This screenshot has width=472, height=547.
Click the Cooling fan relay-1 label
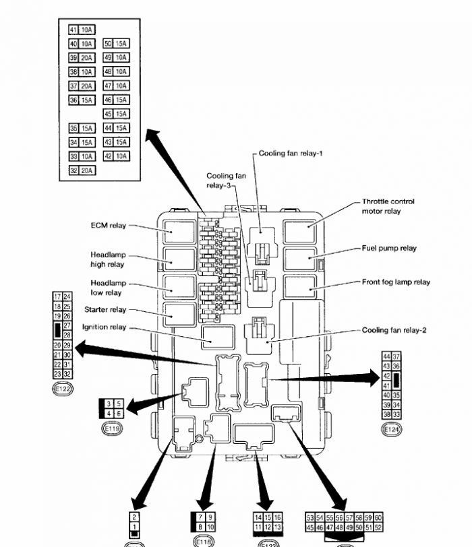click(291, 154)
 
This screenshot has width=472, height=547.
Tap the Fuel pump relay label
click(389, 249)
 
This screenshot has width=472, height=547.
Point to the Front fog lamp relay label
click(396, 282)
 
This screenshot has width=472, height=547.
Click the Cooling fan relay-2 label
click(394, 331)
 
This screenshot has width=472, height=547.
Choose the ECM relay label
click(109, 226)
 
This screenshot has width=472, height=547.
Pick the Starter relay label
click(105, 310)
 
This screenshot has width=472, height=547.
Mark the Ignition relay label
click(104, 327)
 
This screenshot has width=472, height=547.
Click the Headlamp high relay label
click(108, 260)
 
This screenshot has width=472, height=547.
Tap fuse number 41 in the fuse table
click(74, 30)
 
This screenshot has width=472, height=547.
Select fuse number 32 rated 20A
click(74, 171)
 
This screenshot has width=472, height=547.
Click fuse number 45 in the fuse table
click(109, 114)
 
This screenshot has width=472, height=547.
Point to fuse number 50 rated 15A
click(109, 44)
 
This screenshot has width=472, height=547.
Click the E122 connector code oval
click(63, 389)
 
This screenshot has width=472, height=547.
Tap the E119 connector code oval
click(112, 428)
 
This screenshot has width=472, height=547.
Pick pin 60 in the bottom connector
click(378, 517)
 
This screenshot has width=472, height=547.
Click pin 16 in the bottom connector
click(277, 517)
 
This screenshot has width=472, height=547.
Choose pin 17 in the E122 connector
click(57, 297)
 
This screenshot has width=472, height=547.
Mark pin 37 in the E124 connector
click(396, 356)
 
